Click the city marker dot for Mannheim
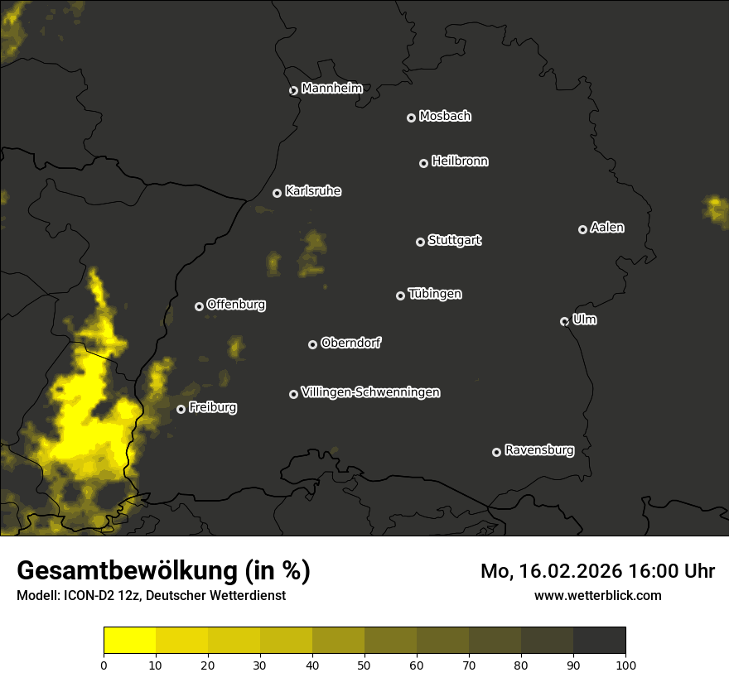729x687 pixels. (293, 91)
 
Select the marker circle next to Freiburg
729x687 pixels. (181, 409)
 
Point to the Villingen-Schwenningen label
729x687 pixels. (370, 392)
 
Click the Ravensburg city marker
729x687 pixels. (497, 452)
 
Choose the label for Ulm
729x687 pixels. (584, 319)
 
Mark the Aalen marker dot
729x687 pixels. (582, 229)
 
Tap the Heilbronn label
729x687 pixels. (460, 161)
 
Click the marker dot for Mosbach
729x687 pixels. (411, 118)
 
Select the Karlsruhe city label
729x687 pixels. (313, 191)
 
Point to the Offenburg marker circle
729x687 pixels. (199, 306)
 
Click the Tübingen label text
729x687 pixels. (435, 294)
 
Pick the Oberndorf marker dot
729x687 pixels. (312, 344)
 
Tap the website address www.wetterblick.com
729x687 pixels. (598, 595)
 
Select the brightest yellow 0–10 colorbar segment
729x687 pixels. (130, 641)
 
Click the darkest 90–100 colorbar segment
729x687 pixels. (599, 641)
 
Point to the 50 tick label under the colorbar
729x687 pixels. (364, 664)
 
